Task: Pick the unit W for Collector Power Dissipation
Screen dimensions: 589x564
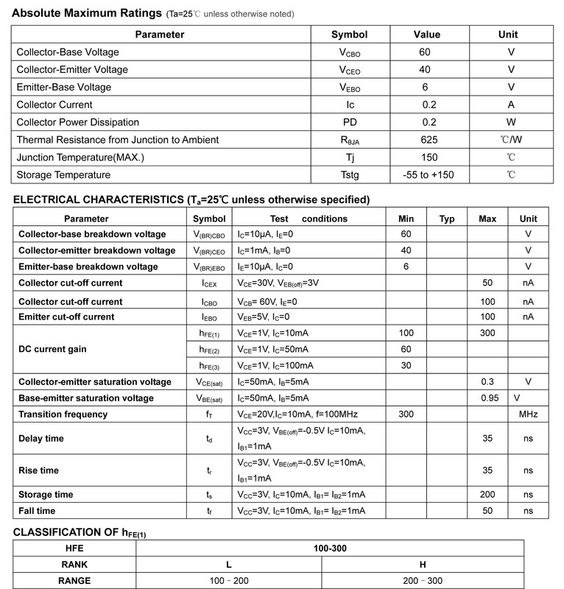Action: pyautogui.click(x=511, y=122)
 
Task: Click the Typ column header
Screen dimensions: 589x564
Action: pyautogui.click(x=447, y=219)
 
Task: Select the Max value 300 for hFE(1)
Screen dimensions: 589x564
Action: pyautogui.click(x=487, y=333)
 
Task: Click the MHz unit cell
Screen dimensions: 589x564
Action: pyautogui.click(x=528, y=415)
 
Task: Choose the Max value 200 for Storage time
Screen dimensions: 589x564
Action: pyautogui.click(x=487, y=494)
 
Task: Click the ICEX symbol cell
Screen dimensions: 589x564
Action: pyautogui.click(x=209, y=283)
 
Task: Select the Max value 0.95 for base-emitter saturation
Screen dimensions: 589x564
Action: pyautogui.click(x=487, y=398)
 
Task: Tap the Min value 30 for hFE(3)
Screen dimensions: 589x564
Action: pyautogui.click(x=406, y=365)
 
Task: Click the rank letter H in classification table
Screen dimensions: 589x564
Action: pyautogui.click(x=423, y=564)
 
